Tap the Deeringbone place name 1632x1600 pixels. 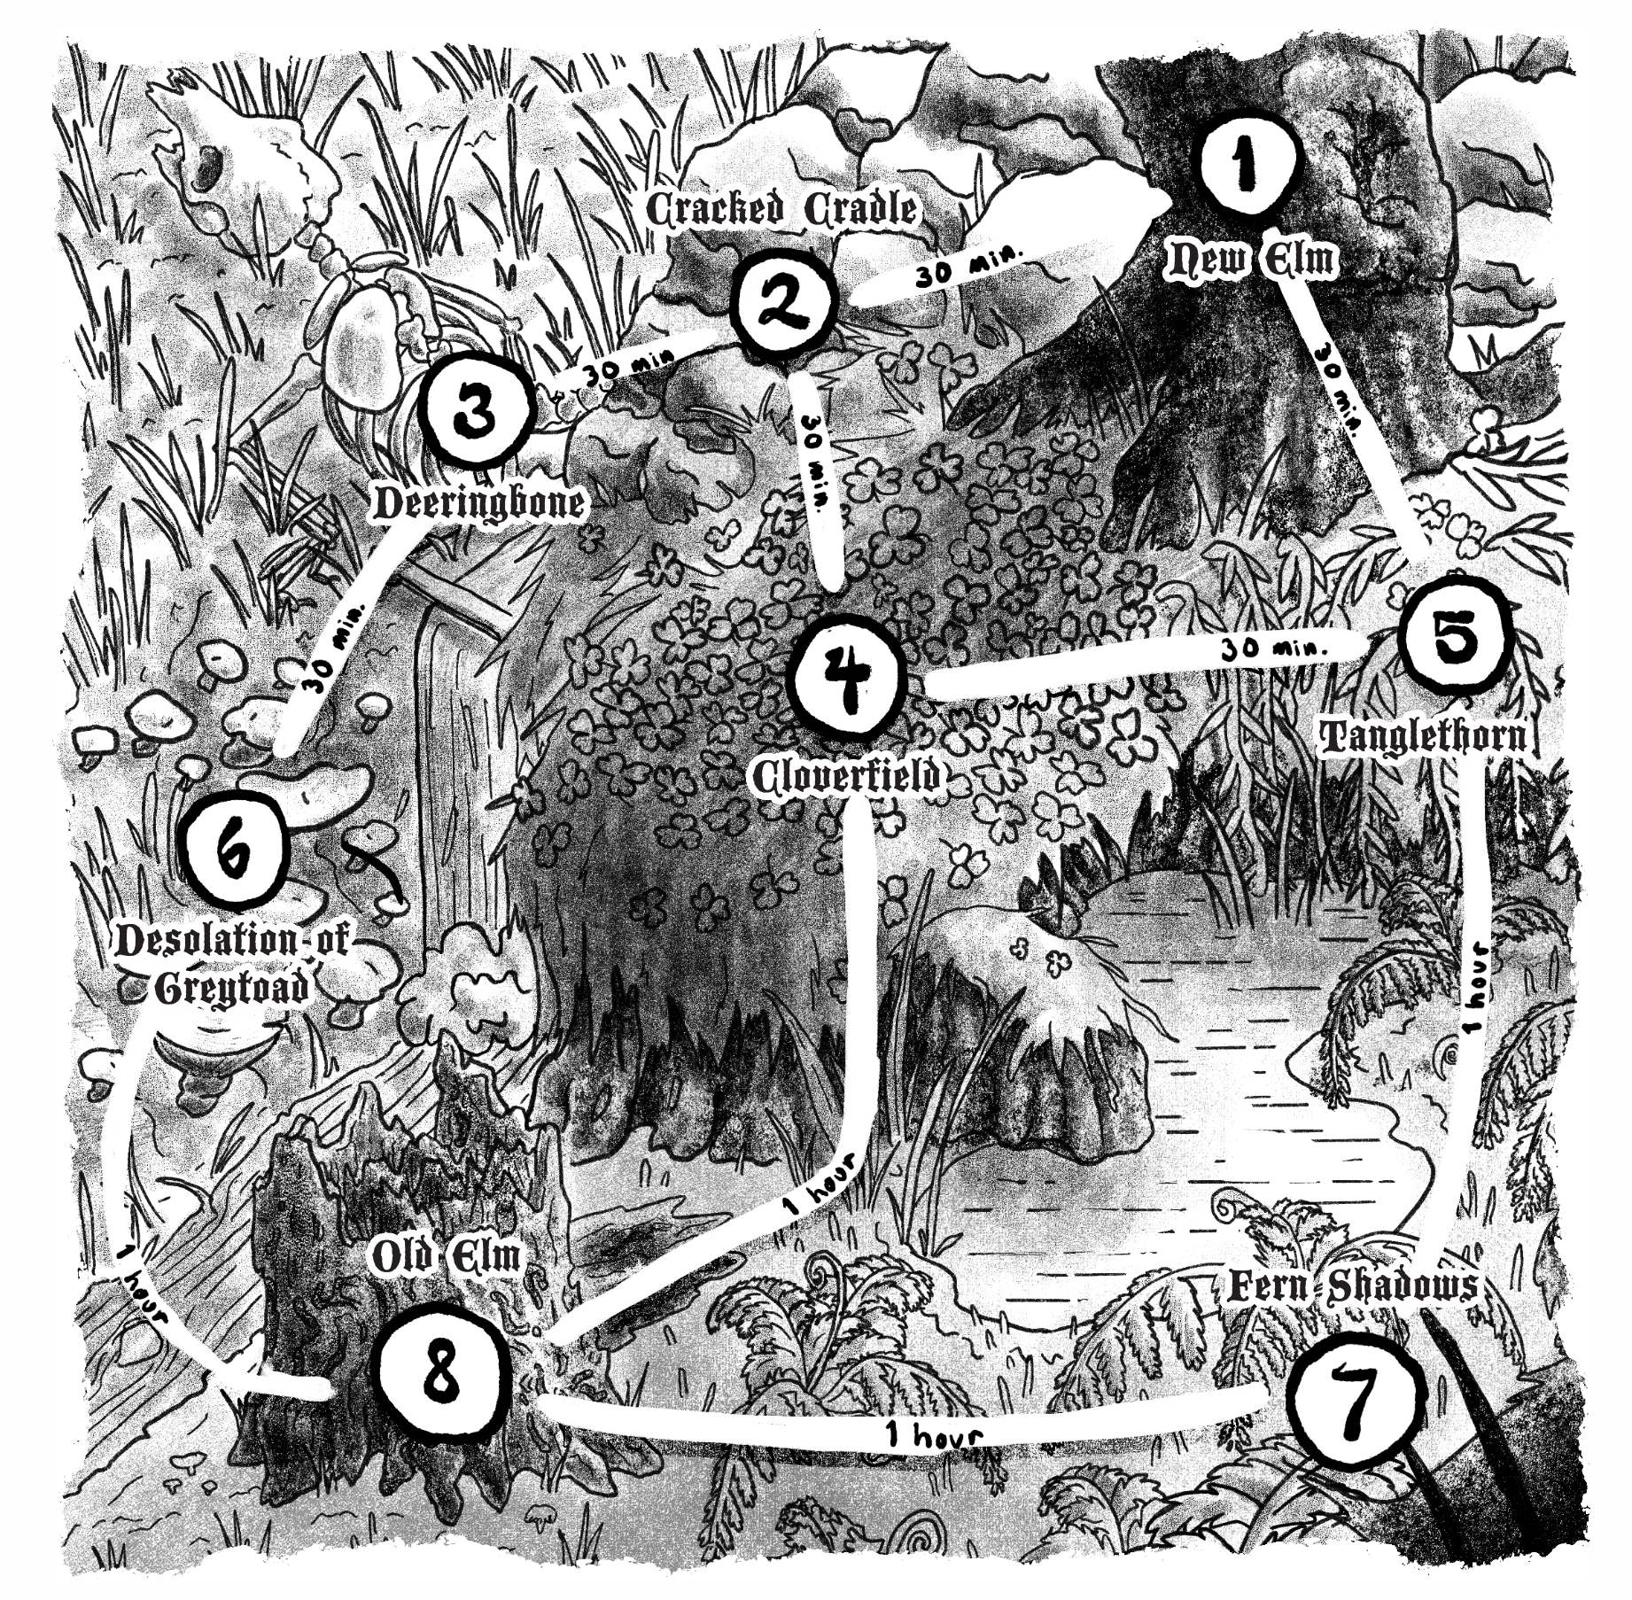(x=478, y=503)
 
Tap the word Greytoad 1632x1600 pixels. (x=232, y=989)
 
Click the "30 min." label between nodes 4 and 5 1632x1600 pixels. (x=1274, y=649)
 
